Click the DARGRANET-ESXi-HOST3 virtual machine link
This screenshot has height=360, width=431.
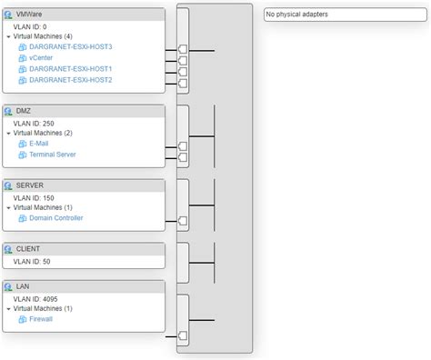[x=70, y=46]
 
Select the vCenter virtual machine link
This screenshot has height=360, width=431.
[x=42, y=57]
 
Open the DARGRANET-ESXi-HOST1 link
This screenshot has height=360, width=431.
[x=70, y=68]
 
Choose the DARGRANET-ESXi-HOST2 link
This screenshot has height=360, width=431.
[x=70, y=80]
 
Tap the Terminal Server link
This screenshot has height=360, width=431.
[x=53, y=155]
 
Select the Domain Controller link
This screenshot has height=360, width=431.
[x=56, y=218]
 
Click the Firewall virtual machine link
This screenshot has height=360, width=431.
[x=42, y=320]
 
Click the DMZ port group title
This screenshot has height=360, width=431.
[x=25, y=111]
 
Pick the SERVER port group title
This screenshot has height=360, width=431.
[x=30, y=185]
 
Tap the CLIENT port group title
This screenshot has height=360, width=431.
[x=28, y=248]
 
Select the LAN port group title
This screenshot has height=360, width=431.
[x=24, y=286]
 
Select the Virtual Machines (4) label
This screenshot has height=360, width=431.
[x=50, y=36]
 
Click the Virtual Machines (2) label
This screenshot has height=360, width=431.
[x=50, y=133]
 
